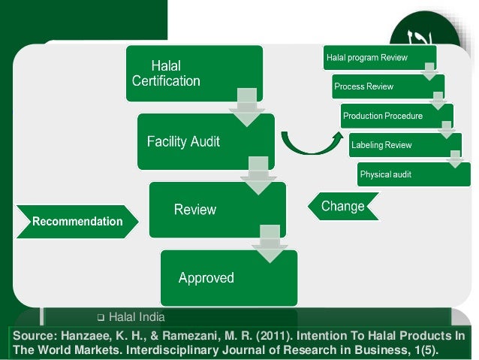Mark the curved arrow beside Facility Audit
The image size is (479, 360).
306,140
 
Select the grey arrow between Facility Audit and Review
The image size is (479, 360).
258,174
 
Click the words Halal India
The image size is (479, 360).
137,316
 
